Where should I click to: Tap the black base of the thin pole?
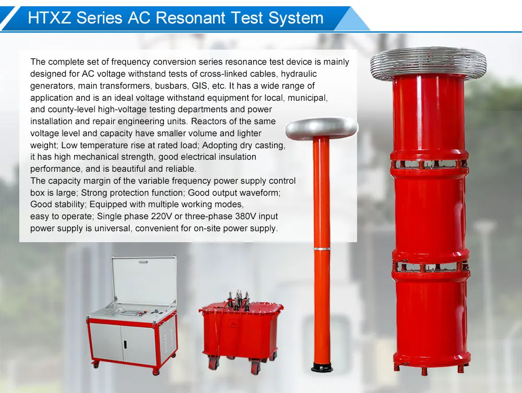(322, 368)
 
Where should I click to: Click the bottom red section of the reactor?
(431, 318)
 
